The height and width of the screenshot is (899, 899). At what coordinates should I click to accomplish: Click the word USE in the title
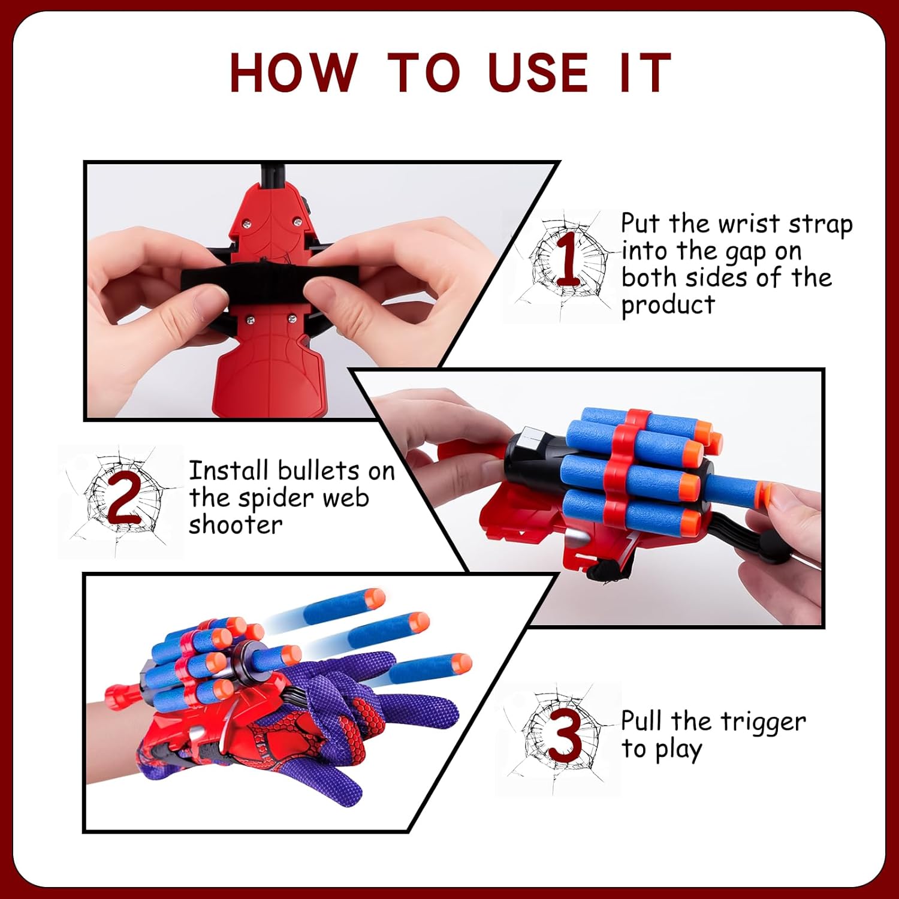538,73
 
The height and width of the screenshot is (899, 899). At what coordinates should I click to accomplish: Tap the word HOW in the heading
294,73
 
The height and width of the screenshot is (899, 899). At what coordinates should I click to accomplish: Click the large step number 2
123,497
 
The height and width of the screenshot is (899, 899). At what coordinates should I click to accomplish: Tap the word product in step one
668,306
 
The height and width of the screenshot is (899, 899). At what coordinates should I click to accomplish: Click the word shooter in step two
236,524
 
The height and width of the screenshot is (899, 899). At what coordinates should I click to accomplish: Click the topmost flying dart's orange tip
375,598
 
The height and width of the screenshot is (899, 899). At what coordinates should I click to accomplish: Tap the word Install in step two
228,470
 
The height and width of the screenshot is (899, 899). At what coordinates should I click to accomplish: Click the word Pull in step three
641,721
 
